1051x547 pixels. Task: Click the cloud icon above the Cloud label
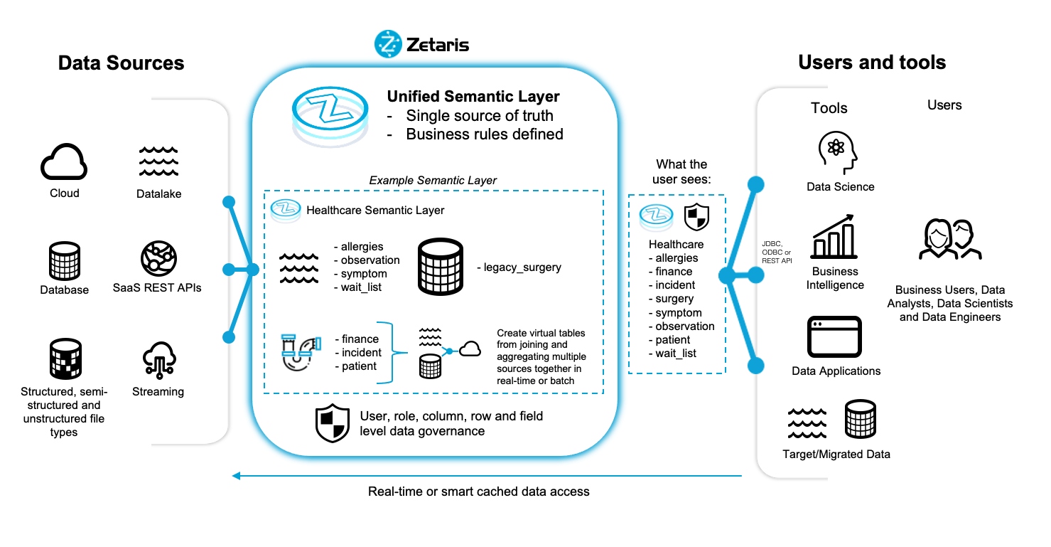pos(64,163)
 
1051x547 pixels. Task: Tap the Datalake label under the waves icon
pos(158,193)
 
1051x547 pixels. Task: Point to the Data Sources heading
pos(121,63)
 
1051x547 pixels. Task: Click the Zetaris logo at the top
pos(422,45)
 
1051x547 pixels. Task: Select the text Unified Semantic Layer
pos(473,97)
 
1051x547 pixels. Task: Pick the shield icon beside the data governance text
pos(333,423)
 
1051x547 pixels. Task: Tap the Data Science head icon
pos(839,152)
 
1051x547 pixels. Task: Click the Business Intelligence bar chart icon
pos(835,238)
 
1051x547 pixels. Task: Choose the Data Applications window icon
pos(835,337)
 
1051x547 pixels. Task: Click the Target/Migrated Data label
pos(836,454)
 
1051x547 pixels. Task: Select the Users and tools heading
pos(872,63)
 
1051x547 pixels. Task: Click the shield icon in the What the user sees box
pos(696,217)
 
